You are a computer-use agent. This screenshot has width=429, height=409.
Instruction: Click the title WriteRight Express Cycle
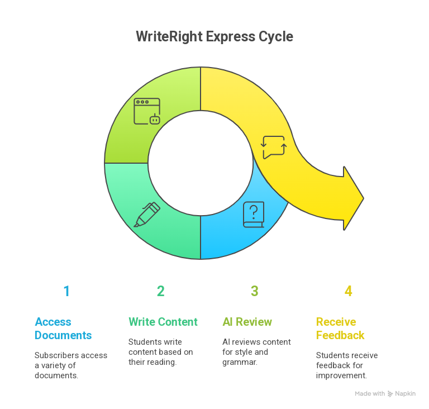coord(214,37)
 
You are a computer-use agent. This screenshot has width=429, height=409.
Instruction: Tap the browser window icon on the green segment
coord(147,111)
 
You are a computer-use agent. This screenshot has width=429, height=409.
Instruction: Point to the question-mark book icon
coord(254,215)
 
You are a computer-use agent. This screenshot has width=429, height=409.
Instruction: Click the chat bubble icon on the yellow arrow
coord(274,147)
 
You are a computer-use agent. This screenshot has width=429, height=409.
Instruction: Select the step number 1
coord(66,291)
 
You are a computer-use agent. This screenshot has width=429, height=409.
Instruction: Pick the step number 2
coord(160,291)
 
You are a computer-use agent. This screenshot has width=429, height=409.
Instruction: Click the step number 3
coord(254,291)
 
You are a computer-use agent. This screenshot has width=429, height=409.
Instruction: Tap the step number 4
coord(348,291)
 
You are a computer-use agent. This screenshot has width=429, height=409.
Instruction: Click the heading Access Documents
coord(63,329)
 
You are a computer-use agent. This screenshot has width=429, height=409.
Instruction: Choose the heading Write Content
coord(163,322)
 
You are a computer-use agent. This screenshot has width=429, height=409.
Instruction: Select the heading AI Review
coord(247,322)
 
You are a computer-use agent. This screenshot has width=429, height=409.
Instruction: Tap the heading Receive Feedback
coord(340,329)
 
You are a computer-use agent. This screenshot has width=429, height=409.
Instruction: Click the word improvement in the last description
coord(341,375)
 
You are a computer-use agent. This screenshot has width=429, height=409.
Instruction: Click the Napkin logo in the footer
coord(402,394)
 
